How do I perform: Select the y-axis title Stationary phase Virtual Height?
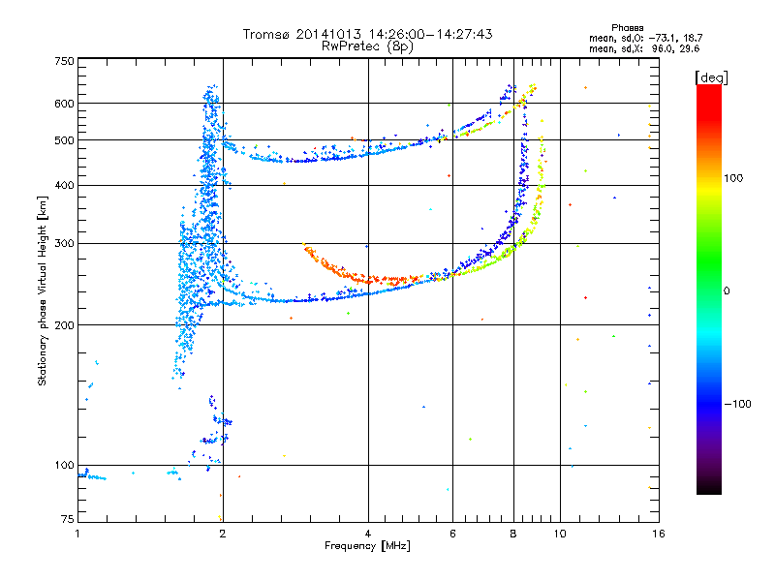point(42,290)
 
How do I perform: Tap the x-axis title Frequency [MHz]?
point(366,547)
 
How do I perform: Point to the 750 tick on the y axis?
point(64,61)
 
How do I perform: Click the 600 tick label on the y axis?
point(64,103)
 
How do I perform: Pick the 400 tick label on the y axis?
point(64,185)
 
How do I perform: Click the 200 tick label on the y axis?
point(64,324)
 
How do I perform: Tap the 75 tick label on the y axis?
point(67,522)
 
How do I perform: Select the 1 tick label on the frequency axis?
point(77,534)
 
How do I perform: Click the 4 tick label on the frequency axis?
point(368,534)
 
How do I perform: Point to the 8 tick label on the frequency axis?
point(513,534)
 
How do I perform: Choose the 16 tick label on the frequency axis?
point(658,534)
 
